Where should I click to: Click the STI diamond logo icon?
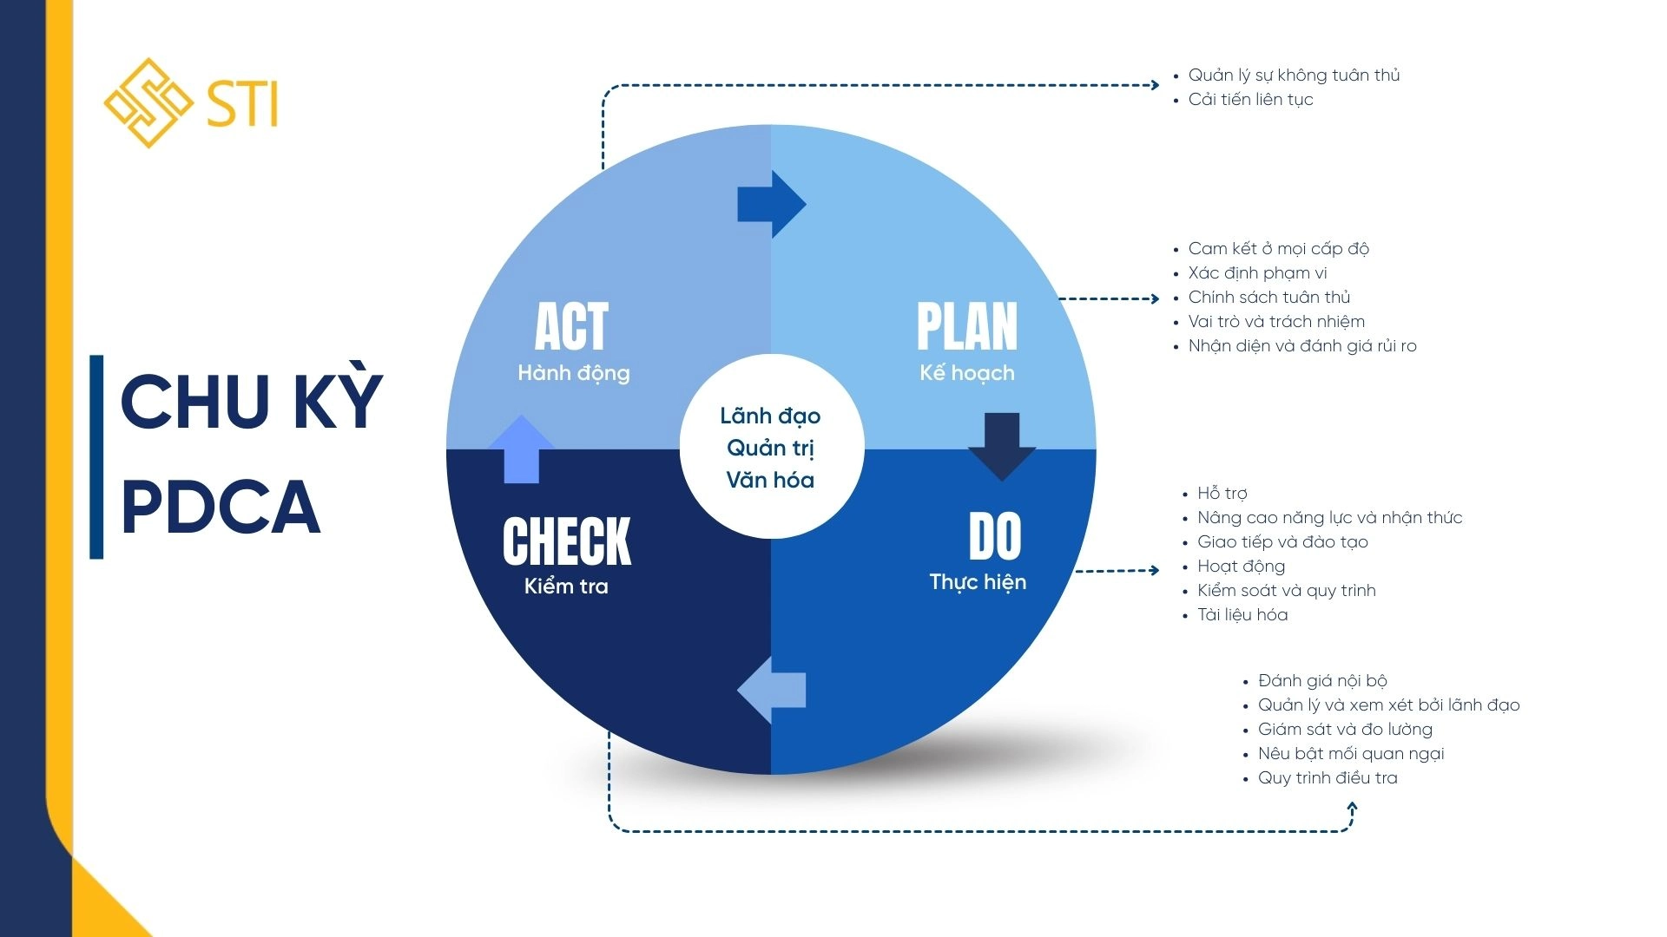tap(148, 102)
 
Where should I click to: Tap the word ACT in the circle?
tap(571, 326)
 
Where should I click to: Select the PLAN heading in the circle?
tap(966, 326)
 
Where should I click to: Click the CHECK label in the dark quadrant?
tap(566, 541)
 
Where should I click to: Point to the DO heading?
tap(995, 537)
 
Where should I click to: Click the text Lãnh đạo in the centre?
tap(770, 416)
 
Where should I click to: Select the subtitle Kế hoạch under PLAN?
tap(966, 373)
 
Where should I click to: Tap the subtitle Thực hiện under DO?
tap(978, 582)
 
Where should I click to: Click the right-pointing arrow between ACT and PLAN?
tap(772, 204)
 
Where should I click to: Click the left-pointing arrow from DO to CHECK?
tap(772, 691)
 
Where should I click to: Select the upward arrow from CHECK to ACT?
tap(521, 449)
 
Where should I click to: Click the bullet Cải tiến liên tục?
tap(1250, 100)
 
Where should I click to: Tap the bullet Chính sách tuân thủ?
tap(1268, 298)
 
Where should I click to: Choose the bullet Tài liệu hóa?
tap(1242, 615)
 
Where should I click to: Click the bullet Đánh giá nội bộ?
tap(1322, 681)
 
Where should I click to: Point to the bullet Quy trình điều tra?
tap(1328, 778)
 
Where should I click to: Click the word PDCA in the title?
tap(221, 508)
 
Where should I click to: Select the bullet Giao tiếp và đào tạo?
tap(1282, 542)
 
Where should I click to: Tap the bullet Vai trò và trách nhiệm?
tap(1276, 322)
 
